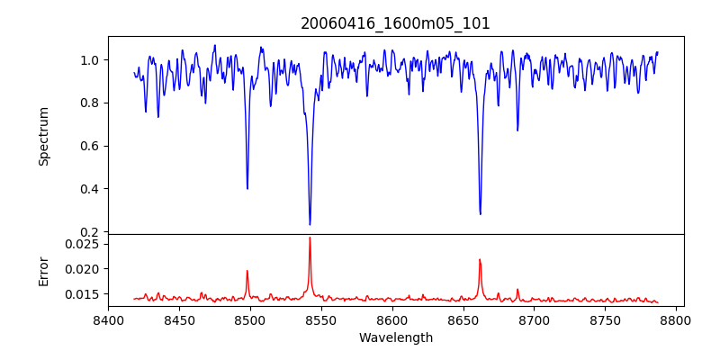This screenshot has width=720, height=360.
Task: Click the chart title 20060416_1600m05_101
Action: [x=395, y=23]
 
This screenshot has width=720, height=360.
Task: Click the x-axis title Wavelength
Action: [x=395, y=337]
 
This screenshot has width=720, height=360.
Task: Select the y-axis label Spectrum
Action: [x=43, y=136]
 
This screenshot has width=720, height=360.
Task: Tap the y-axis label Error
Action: [x=43, y=270]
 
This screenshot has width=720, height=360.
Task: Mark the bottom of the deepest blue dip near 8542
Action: [x=310, y=224]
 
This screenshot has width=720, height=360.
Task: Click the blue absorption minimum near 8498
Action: [x=247, y=188]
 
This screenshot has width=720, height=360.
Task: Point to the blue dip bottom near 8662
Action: [x=480, y=213]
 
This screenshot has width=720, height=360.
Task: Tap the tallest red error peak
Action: [x=310, y=238]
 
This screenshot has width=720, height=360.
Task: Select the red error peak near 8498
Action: [x=247, y=271]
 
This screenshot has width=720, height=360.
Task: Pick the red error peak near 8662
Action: [x=480, y=260]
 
